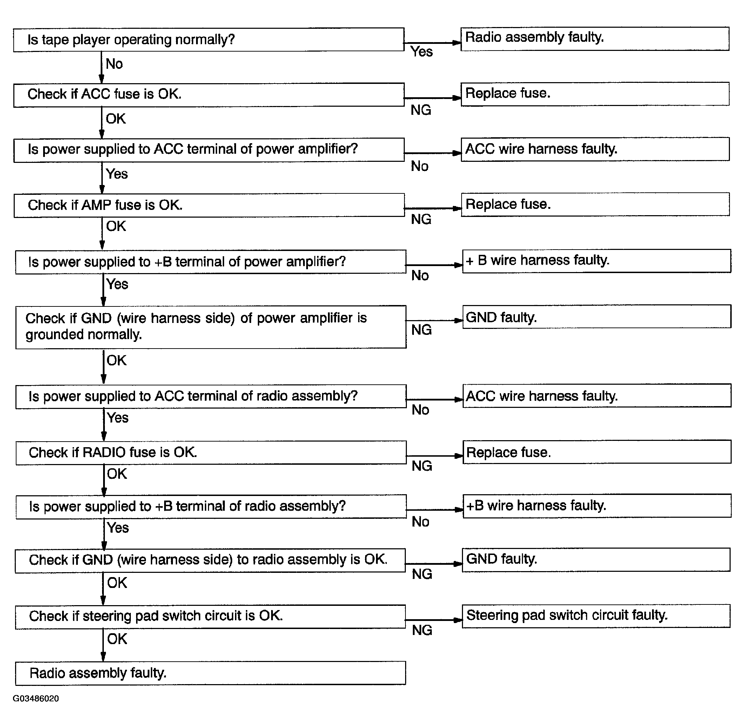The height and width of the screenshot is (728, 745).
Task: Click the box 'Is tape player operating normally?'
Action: coord(209,39)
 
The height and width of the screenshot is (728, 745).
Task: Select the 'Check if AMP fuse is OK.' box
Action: coord(209,205)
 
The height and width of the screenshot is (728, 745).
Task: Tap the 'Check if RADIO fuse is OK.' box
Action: coord(211,453)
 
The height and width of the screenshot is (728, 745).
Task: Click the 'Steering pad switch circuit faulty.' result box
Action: coord(596,616)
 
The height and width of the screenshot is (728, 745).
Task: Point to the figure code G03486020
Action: coord(36,699)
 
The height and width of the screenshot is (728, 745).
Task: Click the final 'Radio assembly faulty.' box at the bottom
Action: coord(210,673)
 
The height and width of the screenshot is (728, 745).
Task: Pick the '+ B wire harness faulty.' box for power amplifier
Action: coord(596,261)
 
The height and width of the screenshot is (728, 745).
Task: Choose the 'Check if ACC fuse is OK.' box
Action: coord(209,94)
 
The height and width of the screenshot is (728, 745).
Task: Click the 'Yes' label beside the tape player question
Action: coord(421,52)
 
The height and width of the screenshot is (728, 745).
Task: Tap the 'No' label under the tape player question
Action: coord(114,64)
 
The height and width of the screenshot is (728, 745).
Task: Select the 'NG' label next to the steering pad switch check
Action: coord(422,630)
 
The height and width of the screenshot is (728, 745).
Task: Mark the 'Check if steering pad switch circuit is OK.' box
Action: coord(210,616)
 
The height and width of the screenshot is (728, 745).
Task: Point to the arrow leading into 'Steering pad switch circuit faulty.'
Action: coord(434,620)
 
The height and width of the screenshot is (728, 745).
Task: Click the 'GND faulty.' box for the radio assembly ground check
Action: coord(596,560)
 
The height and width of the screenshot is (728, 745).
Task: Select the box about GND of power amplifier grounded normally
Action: coord(211,326)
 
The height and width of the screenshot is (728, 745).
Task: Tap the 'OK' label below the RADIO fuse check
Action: coord(116,474)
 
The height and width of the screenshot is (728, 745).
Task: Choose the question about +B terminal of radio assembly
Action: coord(211,507)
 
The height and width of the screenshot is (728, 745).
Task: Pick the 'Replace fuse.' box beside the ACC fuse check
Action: coord(595,94)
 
